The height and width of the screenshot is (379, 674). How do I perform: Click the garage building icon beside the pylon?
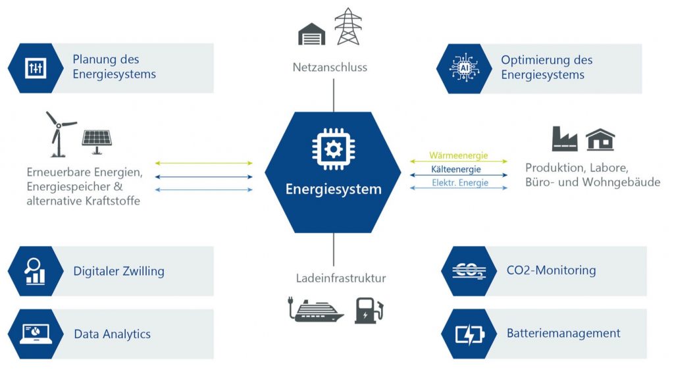click(312, 34)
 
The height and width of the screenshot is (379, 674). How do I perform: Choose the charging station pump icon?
click(368, 310)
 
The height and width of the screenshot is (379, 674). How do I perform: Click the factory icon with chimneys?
click(564, 139)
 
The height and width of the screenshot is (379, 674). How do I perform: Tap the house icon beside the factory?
click(600, 139)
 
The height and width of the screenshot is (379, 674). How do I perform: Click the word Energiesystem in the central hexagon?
click(333, 189)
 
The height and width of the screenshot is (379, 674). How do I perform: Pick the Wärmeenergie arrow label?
click(458, 156)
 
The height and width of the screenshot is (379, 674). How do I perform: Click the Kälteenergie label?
click(458, 170)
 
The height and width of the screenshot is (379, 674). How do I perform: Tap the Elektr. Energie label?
click(458, 183)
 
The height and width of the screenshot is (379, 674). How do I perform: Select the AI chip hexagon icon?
click(464, 68)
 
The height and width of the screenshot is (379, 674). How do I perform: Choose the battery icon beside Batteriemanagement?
click(469, 334)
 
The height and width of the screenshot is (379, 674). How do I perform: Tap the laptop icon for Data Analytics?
click(36, 334)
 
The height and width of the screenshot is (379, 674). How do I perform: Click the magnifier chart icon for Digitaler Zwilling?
click(36, 270)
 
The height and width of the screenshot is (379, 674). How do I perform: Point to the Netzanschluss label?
click(330, 67)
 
